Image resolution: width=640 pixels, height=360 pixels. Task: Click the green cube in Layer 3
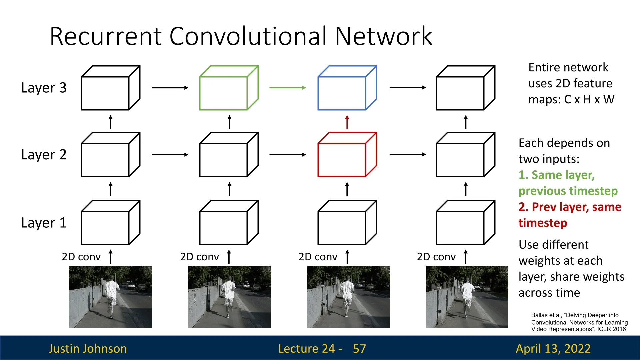coord(229,88)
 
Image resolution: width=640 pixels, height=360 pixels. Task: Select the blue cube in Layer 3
coord(347,88)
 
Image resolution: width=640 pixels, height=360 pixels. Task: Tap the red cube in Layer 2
coord(347,155)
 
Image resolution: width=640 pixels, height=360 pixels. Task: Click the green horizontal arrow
coord(287,88)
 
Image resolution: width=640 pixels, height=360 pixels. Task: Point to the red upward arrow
coord(347,122)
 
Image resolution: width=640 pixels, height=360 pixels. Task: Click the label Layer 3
coord(44,88)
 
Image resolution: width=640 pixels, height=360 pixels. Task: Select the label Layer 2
coord(44,155)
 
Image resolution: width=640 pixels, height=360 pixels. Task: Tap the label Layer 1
coord(44,223)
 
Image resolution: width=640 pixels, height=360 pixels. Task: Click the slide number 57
coord(359,349)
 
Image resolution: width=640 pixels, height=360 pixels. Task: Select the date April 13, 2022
coord(553,349)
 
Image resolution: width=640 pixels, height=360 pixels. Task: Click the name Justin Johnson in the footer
coord(88,349)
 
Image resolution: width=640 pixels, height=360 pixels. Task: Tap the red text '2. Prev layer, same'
coord(570,207)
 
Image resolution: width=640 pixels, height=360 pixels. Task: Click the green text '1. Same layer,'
coord(556,175)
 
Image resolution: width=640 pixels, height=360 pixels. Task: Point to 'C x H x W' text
coord(589,99)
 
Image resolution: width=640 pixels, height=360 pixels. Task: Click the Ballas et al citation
coord(579,322)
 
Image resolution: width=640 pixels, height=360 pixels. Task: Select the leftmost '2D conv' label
coord(81,257)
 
